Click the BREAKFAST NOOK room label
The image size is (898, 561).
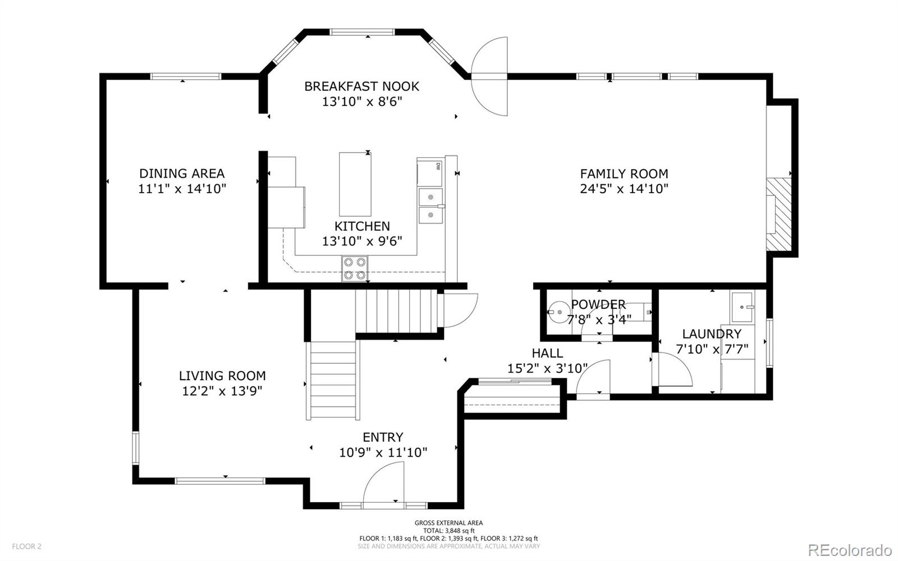[361, 86]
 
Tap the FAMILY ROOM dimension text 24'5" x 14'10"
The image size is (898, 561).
[624, 189]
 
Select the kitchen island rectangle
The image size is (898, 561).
[355, 184]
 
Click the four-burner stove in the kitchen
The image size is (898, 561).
[355, 268]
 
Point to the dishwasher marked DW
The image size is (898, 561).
[429, 172]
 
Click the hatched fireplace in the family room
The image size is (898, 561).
[779, 215]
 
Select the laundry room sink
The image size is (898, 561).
[743, 307]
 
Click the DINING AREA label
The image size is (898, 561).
[182, 174]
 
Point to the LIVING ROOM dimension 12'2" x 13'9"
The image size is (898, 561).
[222, 391]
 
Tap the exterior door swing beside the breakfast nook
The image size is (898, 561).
[489, 76]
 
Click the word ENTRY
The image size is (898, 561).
[383, 437]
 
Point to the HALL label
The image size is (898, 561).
[547, 353]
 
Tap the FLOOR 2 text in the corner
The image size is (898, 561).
[26, 546]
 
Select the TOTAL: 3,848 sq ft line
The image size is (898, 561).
[448, 531]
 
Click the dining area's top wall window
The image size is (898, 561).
[186, 76]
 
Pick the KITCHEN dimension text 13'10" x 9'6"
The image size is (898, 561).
[362, 241]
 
